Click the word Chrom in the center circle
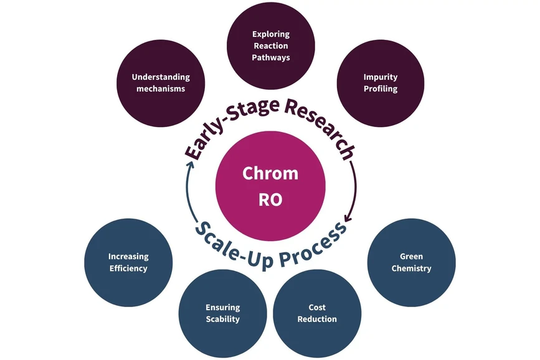click(270, 173)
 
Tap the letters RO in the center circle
click(270, 199)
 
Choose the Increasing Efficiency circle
click(128, 262)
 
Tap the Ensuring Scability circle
click(222, 313)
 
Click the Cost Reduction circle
click(317, 313)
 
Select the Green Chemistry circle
click(412, 262)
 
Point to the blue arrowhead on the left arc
click(189, 163)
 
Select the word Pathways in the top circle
click(270, 57)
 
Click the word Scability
click(222, 319)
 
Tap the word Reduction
click(317, 319)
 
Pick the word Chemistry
click(412, 268)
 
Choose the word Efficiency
click(128, 268)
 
